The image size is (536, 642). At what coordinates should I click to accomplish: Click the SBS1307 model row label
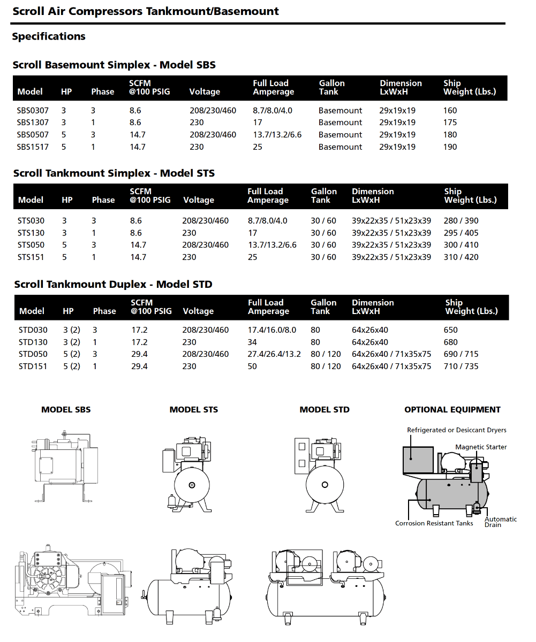32,123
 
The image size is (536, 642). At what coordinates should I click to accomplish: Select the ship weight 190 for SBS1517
450,147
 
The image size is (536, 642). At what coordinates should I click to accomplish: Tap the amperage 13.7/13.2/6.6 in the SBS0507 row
277,135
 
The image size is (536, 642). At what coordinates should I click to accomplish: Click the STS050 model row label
31,245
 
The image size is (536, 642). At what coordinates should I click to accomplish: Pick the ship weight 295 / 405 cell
461,233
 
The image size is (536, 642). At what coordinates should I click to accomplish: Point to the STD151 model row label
33,366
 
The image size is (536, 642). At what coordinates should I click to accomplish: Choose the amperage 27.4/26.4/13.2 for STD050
274,354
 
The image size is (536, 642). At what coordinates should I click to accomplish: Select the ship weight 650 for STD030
451,330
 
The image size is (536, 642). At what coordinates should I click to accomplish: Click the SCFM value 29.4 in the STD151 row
140,366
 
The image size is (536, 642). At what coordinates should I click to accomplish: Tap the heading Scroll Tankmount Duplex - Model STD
113,284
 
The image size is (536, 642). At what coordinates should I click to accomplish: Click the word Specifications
49,36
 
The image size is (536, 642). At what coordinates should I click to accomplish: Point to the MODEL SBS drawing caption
66,410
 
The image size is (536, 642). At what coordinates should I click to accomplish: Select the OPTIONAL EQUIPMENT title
452,410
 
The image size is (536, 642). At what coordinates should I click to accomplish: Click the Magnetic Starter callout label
481,447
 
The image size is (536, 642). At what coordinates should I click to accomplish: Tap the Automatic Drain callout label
500,522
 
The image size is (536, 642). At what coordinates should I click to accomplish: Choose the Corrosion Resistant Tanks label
434,523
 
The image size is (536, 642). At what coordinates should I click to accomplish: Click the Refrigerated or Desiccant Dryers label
456,430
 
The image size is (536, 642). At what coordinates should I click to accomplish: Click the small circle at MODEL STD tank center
324,485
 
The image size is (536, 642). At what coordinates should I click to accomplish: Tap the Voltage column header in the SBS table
205,92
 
